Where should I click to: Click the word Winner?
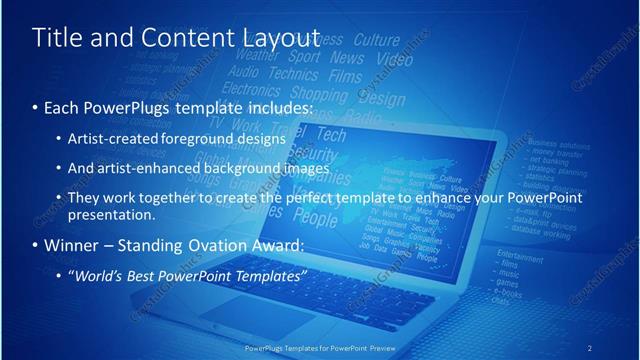click(74, 245)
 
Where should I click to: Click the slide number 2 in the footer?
click(589, 347)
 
